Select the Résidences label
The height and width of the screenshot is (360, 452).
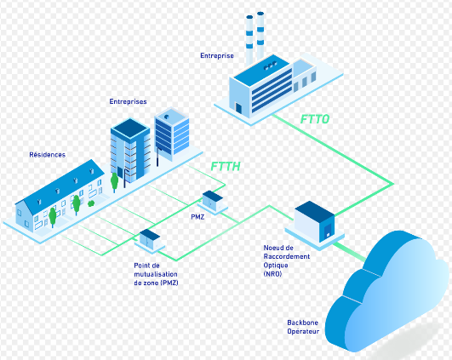[47, 155]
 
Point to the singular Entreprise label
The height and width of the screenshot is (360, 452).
[218, 56]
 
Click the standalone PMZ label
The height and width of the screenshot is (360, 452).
[197, 216]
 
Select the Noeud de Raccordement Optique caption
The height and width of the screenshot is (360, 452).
[288, 256]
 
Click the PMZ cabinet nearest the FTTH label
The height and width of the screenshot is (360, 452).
[212, 200]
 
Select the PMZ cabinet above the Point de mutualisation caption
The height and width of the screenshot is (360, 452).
[150, 239]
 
